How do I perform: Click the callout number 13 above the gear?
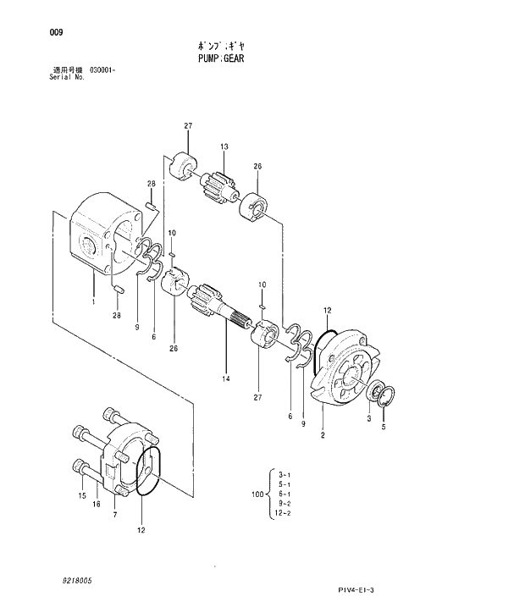point(225,147)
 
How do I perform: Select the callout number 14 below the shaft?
point(226,379)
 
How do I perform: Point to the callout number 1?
point(93,301)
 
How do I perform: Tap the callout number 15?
point(81,495)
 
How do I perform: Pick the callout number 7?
point(115,514)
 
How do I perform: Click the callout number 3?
point(368,418)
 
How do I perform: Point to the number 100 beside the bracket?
point(257,494)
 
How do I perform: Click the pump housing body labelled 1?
point(102,241)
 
